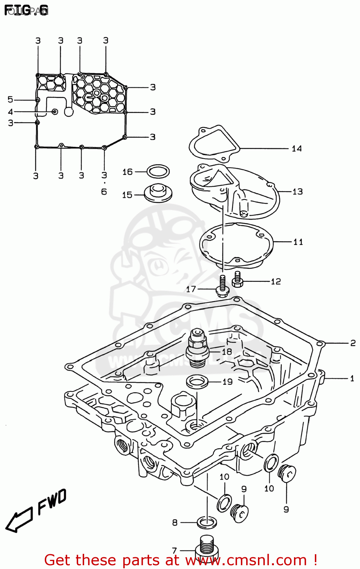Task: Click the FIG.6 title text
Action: point(27,11)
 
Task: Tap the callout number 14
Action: point(297,149)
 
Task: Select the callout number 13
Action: point(297,192)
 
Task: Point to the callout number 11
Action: point(298,242)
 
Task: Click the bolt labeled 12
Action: point(237,280)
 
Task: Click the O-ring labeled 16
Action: point(158,171)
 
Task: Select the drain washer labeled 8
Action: point(207,522)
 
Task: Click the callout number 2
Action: point(353,343)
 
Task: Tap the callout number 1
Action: point(352,378)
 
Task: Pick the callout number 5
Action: point(10,99)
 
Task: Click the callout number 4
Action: point(10,112)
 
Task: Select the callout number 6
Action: point(104,192)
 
